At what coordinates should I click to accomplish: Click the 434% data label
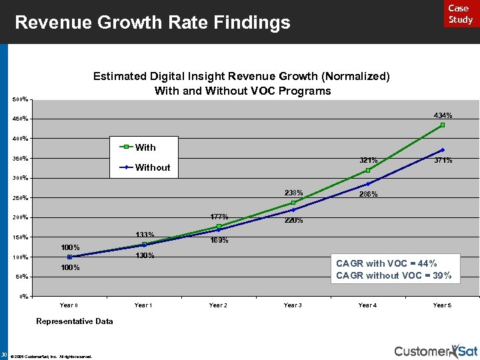pos(443,115)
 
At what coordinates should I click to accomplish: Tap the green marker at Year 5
pos(443,125)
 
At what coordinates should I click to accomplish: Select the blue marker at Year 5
pos(443,150)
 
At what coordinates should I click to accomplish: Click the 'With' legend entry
pos(145,147)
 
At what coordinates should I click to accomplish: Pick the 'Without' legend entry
pos(152,167)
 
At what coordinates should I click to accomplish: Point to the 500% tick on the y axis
pos(21,99)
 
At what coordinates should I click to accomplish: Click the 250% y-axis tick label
pos(21,198)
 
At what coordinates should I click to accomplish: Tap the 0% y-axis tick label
pos(23,296)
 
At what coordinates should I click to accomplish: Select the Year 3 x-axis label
pos(293,305)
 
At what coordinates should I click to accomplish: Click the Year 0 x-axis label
pos(69,305)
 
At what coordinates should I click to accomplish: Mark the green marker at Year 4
pos(368,170)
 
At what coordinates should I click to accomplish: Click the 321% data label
pos(369,160)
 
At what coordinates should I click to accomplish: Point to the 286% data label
pos(369,195)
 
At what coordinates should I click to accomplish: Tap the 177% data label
pos(219,217)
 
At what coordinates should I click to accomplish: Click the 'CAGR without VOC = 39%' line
pos(394,275)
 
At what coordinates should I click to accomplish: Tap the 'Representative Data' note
pos(75,321)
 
